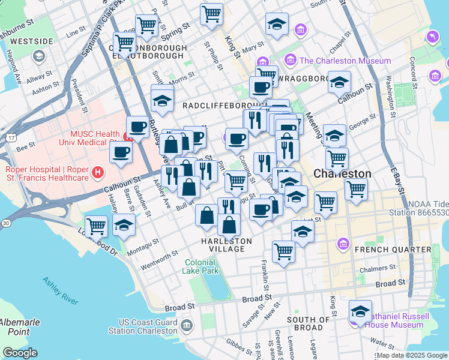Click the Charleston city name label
click(x=342, y=173)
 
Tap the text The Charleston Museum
click(x=345, y=61)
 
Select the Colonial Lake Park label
click(x=201, y=266)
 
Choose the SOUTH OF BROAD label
click(x=309, y=320)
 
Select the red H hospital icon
click(x=99, y=173)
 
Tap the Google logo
click(x=20, y=353)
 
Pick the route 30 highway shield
click(x=5, y=223)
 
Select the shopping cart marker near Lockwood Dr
click(x=96, y=227)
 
